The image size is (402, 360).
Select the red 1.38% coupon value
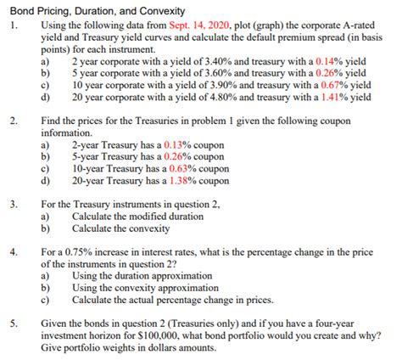[181, 180]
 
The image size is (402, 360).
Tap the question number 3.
[14, 205]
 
